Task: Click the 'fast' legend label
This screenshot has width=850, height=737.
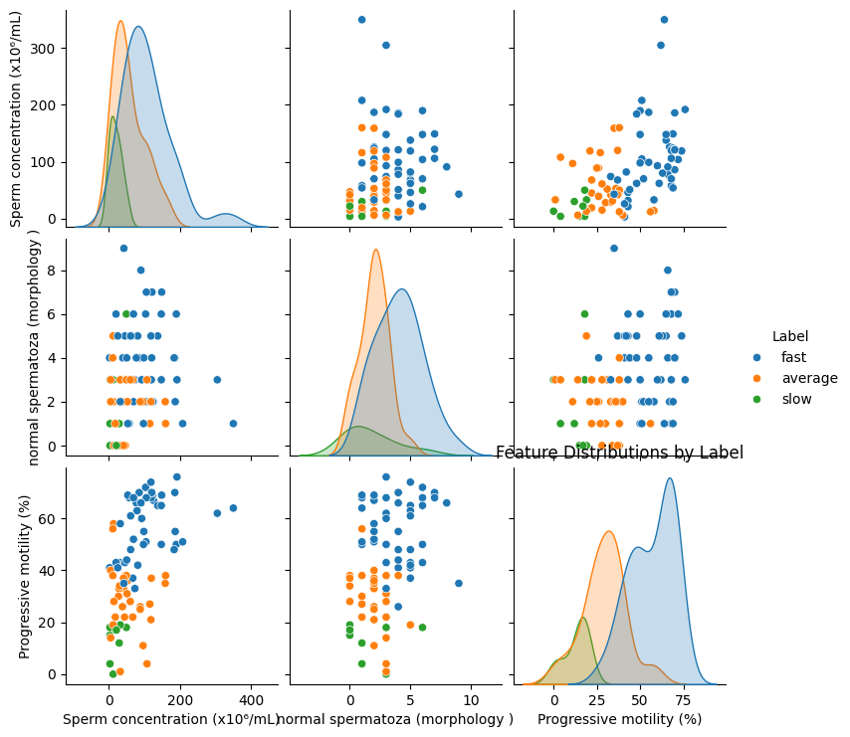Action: coord(793,357)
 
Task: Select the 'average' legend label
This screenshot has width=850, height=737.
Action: coord(809,378)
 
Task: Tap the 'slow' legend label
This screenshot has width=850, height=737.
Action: coord(796,399)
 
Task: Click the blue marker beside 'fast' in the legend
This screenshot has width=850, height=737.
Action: coord(756,357)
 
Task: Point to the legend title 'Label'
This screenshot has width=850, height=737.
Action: coord(790,336)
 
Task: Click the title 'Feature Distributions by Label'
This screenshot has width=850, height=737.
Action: coord(620,453)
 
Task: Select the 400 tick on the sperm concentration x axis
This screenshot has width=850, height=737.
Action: coord(252,700)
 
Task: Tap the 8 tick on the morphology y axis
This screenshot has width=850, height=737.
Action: coord(51,271)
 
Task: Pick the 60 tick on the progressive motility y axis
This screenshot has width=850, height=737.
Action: coord(47,519)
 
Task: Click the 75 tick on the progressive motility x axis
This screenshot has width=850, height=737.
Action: coord(684,700)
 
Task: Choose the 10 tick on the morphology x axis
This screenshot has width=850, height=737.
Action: coord(471,700)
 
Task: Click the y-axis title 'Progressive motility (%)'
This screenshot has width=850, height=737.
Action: coord(24,576)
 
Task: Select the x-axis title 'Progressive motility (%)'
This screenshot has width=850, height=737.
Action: coord(620,719)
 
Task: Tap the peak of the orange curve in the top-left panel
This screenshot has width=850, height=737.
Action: coord(120,21)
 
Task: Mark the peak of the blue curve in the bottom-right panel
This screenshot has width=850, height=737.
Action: coord(670,478)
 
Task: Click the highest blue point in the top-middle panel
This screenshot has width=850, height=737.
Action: coord(361,20)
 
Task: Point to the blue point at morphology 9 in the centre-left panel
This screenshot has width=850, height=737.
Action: coord(123,249)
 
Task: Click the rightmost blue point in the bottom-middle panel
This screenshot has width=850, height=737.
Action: coord(459,583)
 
